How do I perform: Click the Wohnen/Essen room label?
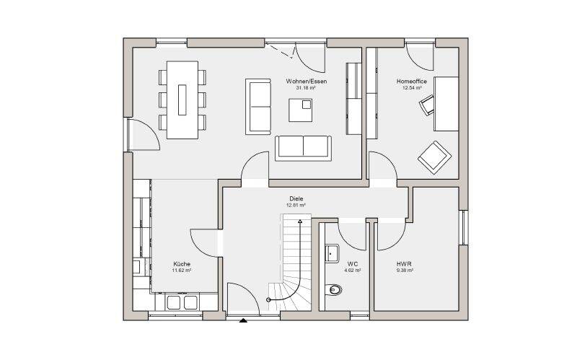coord(306,82)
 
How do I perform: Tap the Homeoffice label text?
coord(411,82)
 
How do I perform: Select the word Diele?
coord(296,199)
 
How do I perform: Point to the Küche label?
coord(182,264)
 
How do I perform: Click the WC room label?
coord(353,264)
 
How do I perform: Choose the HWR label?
coord(404,264)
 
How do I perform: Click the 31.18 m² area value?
coord(306,88)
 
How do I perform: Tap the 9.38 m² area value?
coord(405,271)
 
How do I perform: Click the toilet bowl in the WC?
coord(334,290)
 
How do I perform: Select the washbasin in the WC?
coord(332,254)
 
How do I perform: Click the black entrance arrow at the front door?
coord(243,320)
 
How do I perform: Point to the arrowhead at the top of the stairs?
coord(300,221)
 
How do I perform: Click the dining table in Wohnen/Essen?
coord(182,100)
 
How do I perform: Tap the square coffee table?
coord(300,110)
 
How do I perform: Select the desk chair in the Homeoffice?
coord(427,105)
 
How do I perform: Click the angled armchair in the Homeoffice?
coord(435,157)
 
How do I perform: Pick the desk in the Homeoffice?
coord(446,104)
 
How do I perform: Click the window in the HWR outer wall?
coord(464,227)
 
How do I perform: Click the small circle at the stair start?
coord(268,300)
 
